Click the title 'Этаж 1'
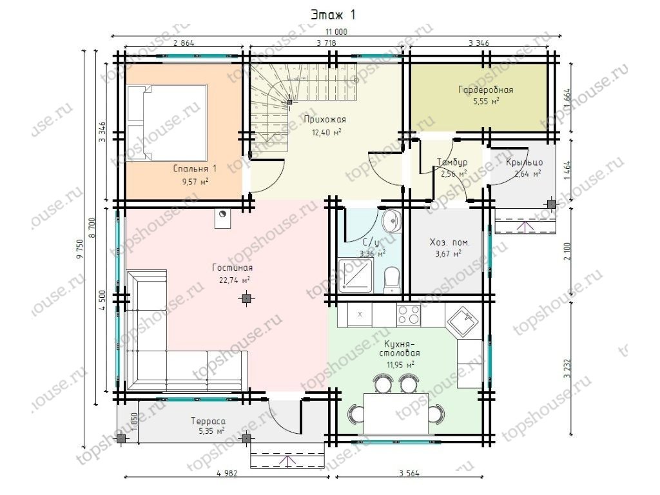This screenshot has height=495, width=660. pyautogui.click(x=333, y=15)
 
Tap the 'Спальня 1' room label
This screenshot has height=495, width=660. pyautogui.click(x=195, y=169)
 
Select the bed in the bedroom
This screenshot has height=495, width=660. pyautogui.click(x=167, y=122)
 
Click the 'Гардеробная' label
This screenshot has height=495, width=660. pyautogui.click(x=485, y=90)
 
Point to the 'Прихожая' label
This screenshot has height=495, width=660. pyautogui.click(x=325, y=119)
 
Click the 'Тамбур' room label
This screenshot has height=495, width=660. pyautogui.click(x=452, y=162)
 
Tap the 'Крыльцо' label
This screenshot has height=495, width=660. pyautogui.click(x=524, y=162)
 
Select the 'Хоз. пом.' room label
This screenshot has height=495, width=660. pyautogui.click(x=449, y=242)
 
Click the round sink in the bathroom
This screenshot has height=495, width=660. pyautogui.click(x=392, y=221)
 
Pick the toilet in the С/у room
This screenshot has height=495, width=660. pyautogui.click(x=393, y=278)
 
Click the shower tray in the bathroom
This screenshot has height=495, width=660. pyautogui.click(x=355, y=276)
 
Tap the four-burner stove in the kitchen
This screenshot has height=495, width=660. pyautogui.click(x=408, y=315)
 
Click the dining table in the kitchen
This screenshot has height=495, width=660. pyautogui.click(x=396, y=413)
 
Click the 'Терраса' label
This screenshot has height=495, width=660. pyautogui.click(x=208, y=421)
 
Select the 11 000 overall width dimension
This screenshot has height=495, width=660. pyautogui.click(x=336, y=32)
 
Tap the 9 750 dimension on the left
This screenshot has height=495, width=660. pyautogui.click(x=81, y=249)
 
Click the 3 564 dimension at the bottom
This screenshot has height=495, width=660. pyautogui.click(x=409, y=473)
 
